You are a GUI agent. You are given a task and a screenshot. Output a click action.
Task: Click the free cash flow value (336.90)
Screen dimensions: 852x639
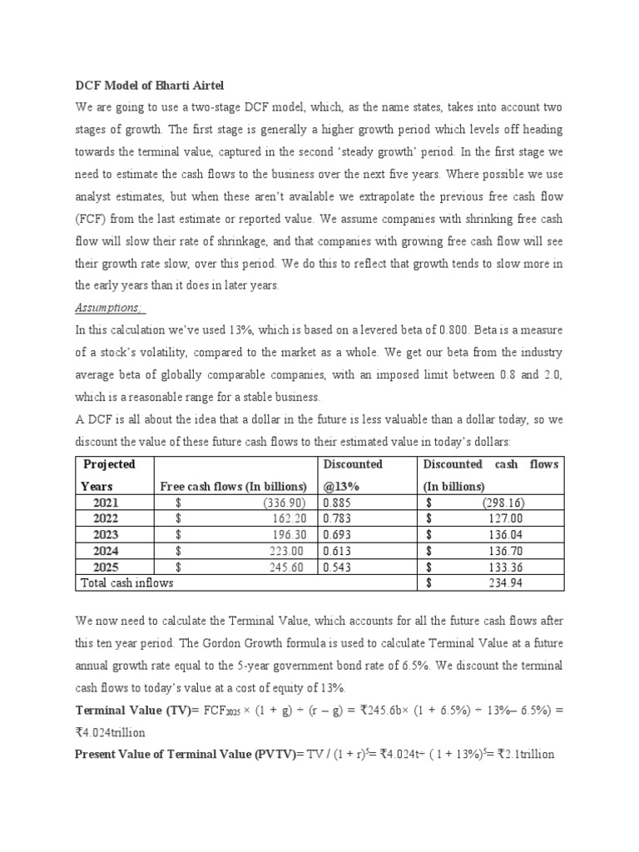pyautogui.click(x=285, y=503)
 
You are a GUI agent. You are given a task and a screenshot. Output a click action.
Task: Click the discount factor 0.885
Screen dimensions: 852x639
pyautogui.click(x=337, y=503)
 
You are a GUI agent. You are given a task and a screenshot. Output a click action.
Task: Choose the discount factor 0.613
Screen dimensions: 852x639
pyautogui.click(x=337, y=551)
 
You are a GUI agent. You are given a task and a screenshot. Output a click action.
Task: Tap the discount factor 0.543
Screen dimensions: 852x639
pyautogui.click(x=337, y=567)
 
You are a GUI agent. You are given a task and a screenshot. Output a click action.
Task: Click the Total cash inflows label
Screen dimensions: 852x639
pyautogui.click(x=126, y=583)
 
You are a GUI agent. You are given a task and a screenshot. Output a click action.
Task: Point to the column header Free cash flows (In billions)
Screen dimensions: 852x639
pyautogui.click(x=233, y=486)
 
